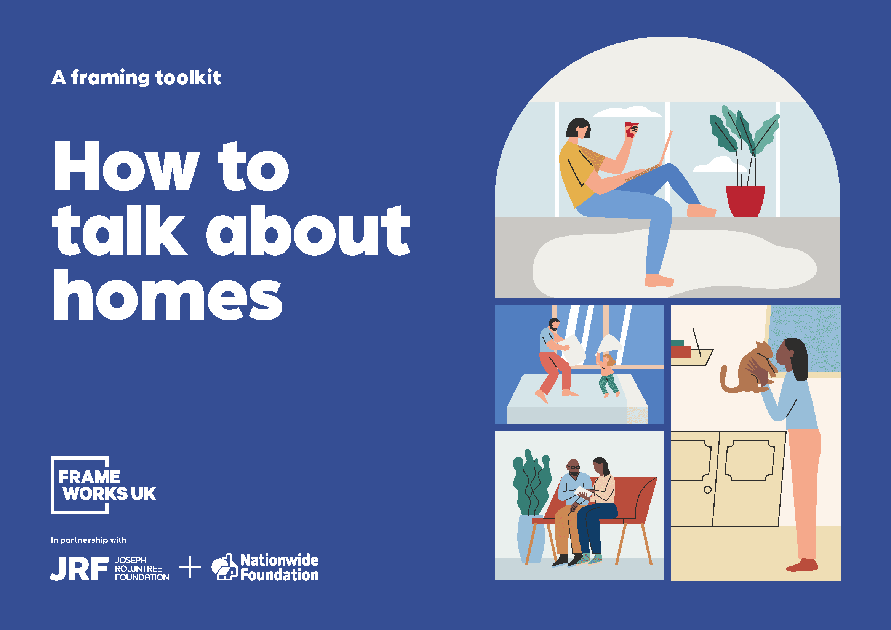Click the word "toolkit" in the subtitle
pyautogui.click(x=188, y=78)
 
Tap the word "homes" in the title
pyautogui.click(x=168, y=295)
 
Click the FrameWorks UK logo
pyautogui.click(x=103, y=485)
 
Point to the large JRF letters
pyautogui.click(x=79, y=568)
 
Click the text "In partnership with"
pyautogui.click(x=88, y=540)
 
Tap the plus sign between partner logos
pyautogui.click(x=190, y=567)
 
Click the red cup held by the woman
pyautogui.click(x=631, y=129)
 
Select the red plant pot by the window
pyautogui.click(x=745, y=201)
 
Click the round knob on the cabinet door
pyautogui.click(x=707, y=489)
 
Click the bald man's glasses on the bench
pyautogui.click(x=573, y=467)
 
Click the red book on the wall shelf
pyautogui.click(x=681, y=352)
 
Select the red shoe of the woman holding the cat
pyautogui.click(x=803, y=565)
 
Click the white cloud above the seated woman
pyautogui.click(x=627, y=112)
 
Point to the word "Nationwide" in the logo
pyautogui.click(x=279, y=560)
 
